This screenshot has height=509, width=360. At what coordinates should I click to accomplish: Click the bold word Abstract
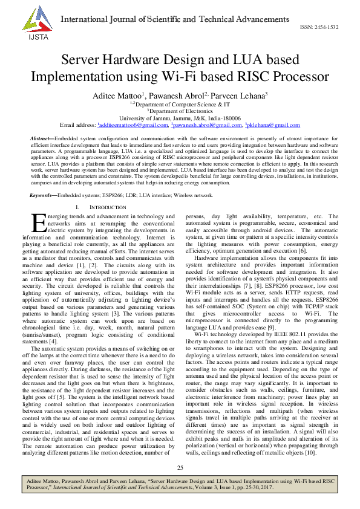pos(41,139)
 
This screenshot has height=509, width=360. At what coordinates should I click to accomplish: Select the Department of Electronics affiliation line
pos(180,111)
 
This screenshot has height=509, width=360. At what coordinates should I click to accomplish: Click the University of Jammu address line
pos(180,118)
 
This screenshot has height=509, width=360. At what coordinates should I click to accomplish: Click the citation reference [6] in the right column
pos(303,250)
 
